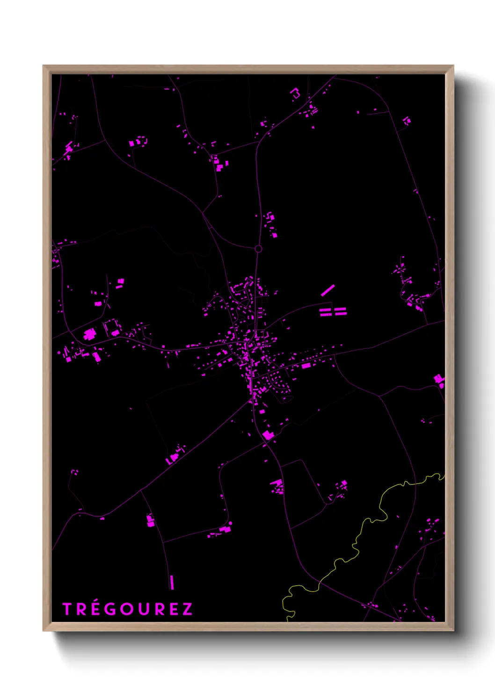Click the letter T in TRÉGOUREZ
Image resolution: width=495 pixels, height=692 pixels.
click(x=67, y=609)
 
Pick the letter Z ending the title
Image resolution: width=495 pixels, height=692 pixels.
click(x=187, y=609)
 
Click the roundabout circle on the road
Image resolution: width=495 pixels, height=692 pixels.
click(x=258, y=249)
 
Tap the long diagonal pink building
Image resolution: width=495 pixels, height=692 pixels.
click(x=328, y=290)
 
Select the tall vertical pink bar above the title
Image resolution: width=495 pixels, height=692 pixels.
click(x=172, y=582)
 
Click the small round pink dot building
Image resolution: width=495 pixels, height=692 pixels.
click(x=230, y=523)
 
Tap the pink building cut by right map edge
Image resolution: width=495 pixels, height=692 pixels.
click(x=439, y=380)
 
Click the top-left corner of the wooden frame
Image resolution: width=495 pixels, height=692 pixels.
click(x=44, y=66)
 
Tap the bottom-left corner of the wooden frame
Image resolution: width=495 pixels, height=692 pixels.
click(x=44, y=631)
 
